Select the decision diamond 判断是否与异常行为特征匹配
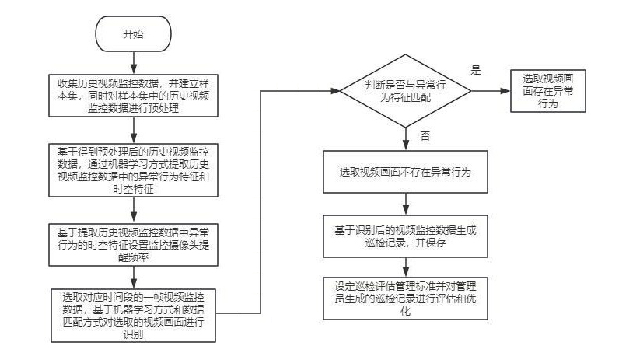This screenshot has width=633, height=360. click(405, 91)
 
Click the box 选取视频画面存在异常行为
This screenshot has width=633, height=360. click(547, 91)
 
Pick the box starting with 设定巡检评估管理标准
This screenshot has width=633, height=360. click(405, 297)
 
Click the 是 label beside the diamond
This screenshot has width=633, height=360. click(476, 69)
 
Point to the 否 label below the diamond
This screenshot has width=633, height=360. click(425, 135)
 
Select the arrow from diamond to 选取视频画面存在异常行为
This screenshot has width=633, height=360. click(490, 91)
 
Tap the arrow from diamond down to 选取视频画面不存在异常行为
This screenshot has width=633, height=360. click(405, 138)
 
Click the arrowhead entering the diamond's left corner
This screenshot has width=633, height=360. click(336, 91)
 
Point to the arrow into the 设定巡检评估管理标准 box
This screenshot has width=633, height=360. click(405, 266)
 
